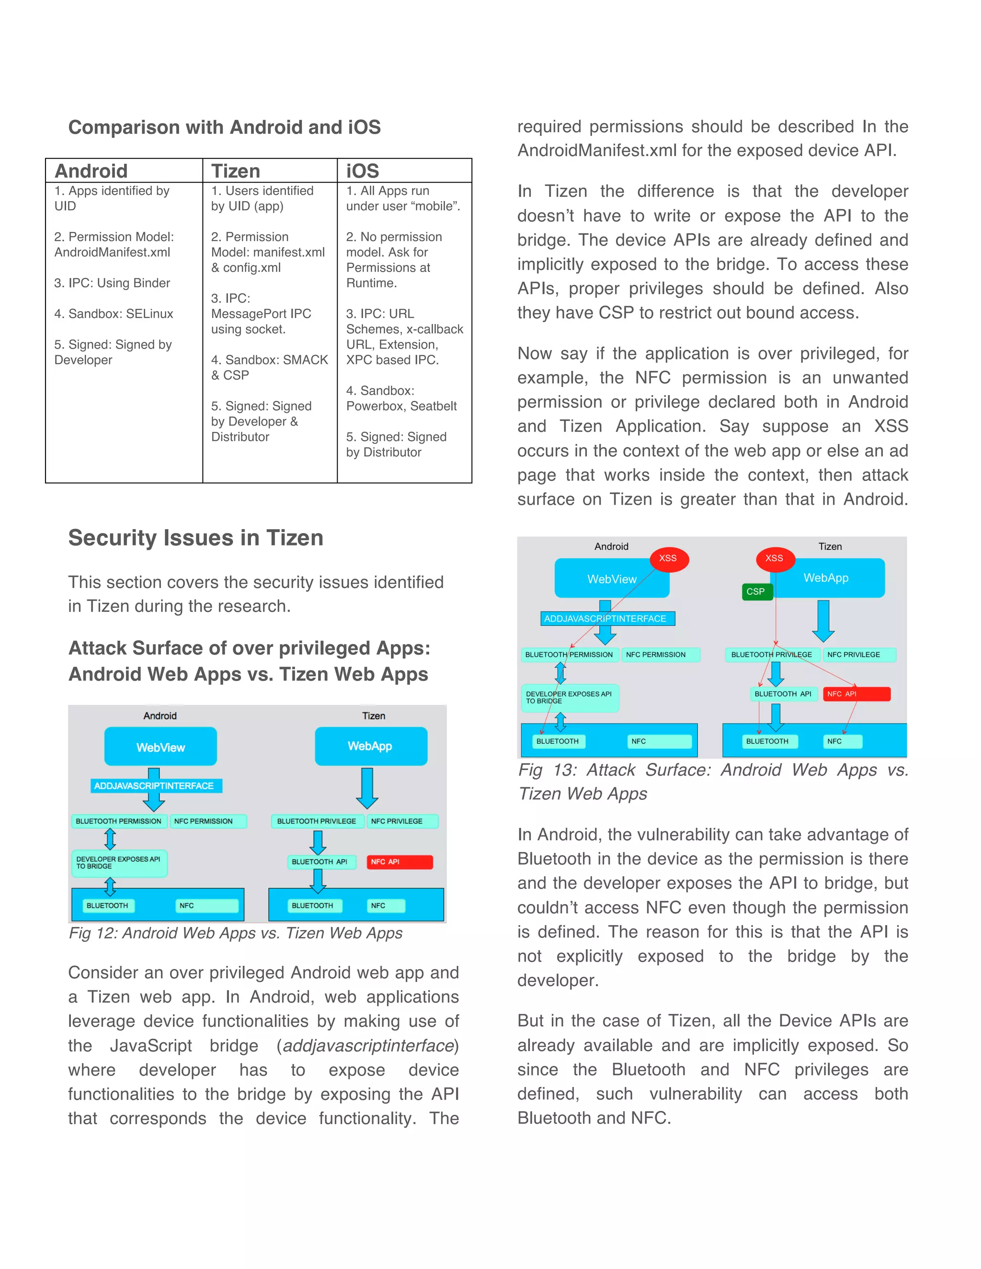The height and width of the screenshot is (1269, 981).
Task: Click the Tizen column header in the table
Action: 235,171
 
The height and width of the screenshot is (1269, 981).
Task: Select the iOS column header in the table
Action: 363,171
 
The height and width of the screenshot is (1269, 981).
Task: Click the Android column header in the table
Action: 91,171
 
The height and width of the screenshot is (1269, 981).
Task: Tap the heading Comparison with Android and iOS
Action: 224,127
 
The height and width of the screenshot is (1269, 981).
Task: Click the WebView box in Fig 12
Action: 160,747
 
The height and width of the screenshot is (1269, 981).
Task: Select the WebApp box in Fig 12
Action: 370,746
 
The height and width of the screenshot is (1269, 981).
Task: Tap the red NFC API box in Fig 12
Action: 399,861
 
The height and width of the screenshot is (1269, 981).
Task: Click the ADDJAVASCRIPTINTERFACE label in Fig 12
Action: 155,785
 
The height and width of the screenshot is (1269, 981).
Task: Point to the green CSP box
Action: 755,591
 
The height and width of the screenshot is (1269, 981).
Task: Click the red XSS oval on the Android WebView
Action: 668,558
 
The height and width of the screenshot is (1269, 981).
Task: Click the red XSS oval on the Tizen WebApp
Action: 774,558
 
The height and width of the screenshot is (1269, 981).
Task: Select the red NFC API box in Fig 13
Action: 856,694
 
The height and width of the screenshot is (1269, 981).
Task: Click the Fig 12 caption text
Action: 235,933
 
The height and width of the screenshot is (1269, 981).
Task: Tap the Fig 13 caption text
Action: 712,782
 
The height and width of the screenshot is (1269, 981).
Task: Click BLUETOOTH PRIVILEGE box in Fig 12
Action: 317,821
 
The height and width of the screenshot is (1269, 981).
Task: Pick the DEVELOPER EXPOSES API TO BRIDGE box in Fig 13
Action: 569,697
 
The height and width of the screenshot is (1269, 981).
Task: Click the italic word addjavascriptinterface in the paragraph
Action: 368,1046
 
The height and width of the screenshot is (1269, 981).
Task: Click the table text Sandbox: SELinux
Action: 114,314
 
